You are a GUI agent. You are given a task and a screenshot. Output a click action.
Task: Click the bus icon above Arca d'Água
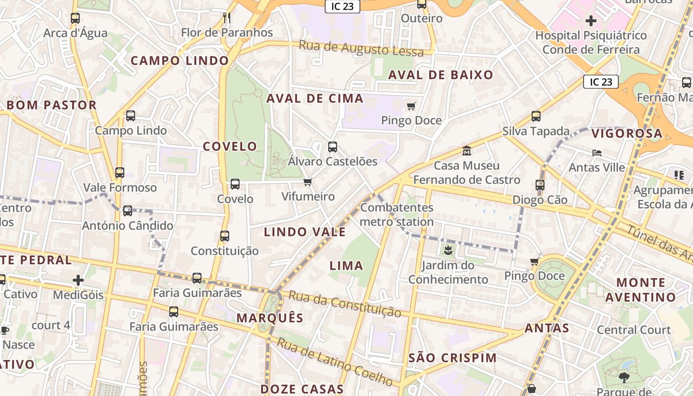click(75, 18)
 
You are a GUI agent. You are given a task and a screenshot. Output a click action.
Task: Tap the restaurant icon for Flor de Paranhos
click(227, 18)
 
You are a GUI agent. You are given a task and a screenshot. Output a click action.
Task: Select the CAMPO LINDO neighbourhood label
click(180, 61)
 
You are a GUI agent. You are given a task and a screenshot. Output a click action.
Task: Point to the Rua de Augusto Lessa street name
click(361, 49)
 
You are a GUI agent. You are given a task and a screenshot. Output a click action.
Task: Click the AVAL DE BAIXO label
click(441, 75)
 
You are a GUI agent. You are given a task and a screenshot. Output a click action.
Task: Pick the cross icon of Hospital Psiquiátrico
click(591, 21)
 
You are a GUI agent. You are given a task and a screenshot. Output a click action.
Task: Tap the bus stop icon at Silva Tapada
click(536, 117)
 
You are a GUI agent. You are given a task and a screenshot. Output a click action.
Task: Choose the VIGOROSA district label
click(627, 133)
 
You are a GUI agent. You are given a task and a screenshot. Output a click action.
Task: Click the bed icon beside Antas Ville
click(597, 153)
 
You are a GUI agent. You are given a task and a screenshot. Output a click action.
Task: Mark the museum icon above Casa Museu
click(466, 150)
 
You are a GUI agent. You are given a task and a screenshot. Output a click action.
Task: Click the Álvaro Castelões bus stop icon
click(333, 147)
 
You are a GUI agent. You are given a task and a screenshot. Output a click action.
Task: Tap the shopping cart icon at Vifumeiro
click(308, 182)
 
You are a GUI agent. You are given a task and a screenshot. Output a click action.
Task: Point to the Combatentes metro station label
click(396, 214)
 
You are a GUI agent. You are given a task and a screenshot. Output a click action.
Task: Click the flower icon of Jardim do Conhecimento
click(448, 250)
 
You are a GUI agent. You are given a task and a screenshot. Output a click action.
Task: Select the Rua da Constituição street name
click(345, 303)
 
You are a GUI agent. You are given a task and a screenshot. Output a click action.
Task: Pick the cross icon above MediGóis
click(78, 281)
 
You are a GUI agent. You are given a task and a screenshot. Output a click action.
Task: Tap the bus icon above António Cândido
click(128, 211)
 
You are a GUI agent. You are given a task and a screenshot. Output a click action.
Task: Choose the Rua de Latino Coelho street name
click(335, 362)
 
